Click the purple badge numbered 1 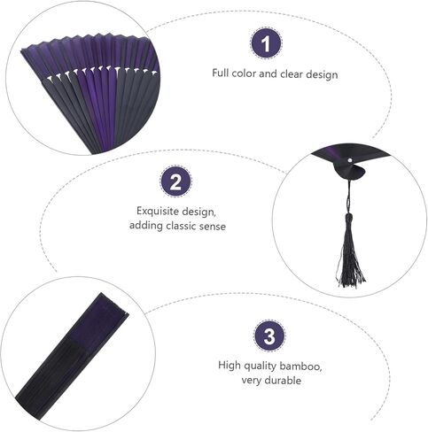pyautogui.click(x=267, y=43)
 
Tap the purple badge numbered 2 pyautogui.click(x=175, y=181)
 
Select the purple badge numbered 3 pyautogui.click(x=269, y=336)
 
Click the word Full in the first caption pyautogui.click(x=220, y=73)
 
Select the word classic pyautogui.click(x=181, y=226)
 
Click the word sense pyautogui.click(x=213, y=227)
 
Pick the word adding pyautogui.click(x=146, y=226)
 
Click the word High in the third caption pyautogui.click(x=230, y=366)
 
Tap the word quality pyautogui.click(x=260, y=366)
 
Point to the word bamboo pyautogui.click(x=300, y=366)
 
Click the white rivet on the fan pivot pyautogui.click(x=350, y=160)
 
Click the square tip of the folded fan pyautogui.click(x=114, y=303)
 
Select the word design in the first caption pyautogui.click(x=322, y=74)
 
